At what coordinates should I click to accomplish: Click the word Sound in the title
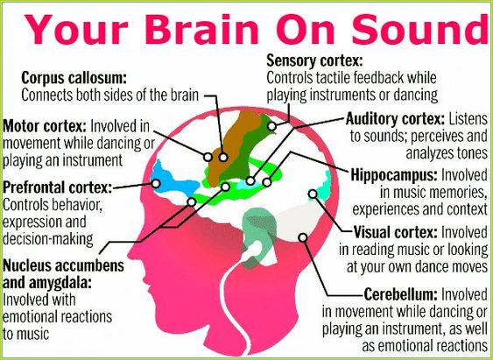(419, 28)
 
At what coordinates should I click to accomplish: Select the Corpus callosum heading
(74, 78)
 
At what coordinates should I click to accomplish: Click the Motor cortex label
(45, 126)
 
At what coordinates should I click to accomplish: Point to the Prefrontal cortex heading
(58, 187)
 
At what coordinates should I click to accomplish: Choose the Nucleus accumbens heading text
(64, 265)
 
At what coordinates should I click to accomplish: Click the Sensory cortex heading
(314, 60)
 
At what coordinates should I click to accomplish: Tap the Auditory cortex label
(395, 119)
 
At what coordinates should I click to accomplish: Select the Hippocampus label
(394, 175)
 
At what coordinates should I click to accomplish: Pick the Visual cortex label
(396, 233)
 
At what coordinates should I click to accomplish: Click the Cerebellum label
(400, 294)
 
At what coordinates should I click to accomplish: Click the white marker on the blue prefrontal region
(156, 183)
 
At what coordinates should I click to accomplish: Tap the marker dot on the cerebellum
(303, 237)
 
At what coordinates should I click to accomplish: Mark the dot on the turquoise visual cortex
(313, 194)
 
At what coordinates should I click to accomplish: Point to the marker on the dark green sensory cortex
(271, 126)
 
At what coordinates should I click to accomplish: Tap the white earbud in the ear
(254, 249)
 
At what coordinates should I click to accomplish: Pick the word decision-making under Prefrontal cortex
(48, 239)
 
